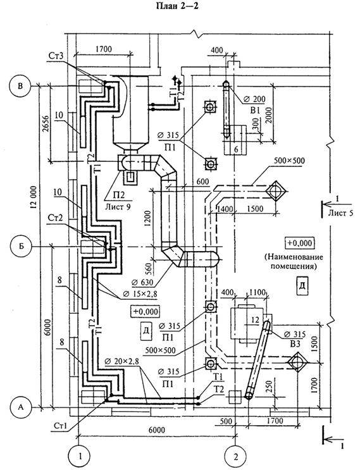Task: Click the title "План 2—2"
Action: [177, 6]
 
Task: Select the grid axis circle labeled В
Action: [20, 86]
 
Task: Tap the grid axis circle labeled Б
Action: [20, 247]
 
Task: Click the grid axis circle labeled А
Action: [20, 407]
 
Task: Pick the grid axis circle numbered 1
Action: [80, 457]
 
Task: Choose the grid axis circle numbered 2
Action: [235, 457]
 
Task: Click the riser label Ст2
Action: [55, 218]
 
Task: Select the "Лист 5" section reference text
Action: [340, 213]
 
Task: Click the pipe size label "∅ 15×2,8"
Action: [138, 294]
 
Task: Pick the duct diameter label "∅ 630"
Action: [142, 282]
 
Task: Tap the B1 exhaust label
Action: [255, 110]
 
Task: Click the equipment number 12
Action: [255, 321]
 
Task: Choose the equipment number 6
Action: [236, 149]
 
